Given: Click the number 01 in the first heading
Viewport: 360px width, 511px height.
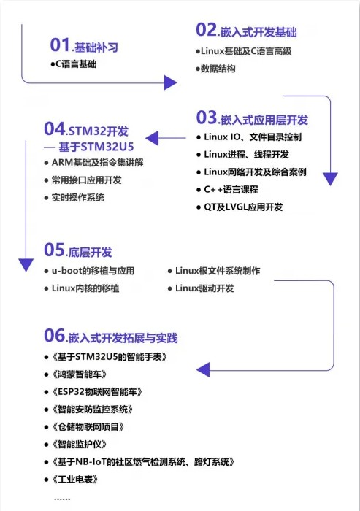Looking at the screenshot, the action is point(60,45).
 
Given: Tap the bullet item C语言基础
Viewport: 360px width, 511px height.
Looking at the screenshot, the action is point(76,64).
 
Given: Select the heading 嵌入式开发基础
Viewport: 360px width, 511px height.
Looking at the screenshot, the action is point(258,32).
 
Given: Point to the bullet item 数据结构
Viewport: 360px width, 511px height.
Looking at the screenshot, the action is point(218,69).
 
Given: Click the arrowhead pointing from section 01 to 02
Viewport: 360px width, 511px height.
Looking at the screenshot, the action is point(170,82).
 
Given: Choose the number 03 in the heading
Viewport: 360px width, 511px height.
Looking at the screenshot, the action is point(207,118).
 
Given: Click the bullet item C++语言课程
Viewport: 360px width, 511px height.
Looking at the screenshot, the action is point(231,189).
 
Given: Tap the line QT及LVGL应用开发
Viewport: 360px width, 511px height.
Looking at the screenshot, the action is point(243,207).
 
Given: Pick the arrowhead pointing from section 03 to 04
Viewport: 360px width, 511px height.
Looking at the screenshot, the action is point(152,138).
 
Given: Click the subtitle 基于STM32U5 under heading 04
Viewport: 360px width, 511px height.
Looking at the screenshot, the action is point(96,147).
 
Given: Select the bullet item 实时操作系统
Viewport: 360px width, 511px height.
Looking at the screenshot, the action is point(78,198).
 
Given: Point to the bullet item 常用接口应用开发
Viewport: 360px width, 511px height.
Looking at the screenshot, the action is point(86,180).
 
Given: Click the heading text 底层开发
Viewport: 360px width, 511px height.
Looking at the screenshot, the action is point(91,253).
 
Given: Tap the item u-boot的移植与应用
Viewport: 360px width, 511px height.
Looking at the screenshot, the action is point(93,271).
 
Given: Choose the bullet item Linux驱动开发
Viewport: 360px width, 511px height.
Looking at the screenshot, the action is point(204,288).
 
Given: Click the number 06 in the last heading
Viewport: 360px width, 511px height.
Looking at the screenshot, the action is point(55,335).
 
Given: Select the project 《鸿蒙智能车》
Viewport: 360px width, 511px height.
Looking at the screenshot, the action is point(80,374).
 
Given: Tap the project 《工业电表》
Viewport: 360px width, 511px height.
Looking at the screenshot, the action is point(75,479).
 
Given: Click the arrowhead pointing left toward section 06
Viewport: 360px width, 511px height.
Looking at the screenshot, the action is point(203,369).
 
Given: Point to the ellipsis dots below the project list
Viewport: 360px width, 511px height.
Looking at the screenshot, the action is point(62,499).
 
